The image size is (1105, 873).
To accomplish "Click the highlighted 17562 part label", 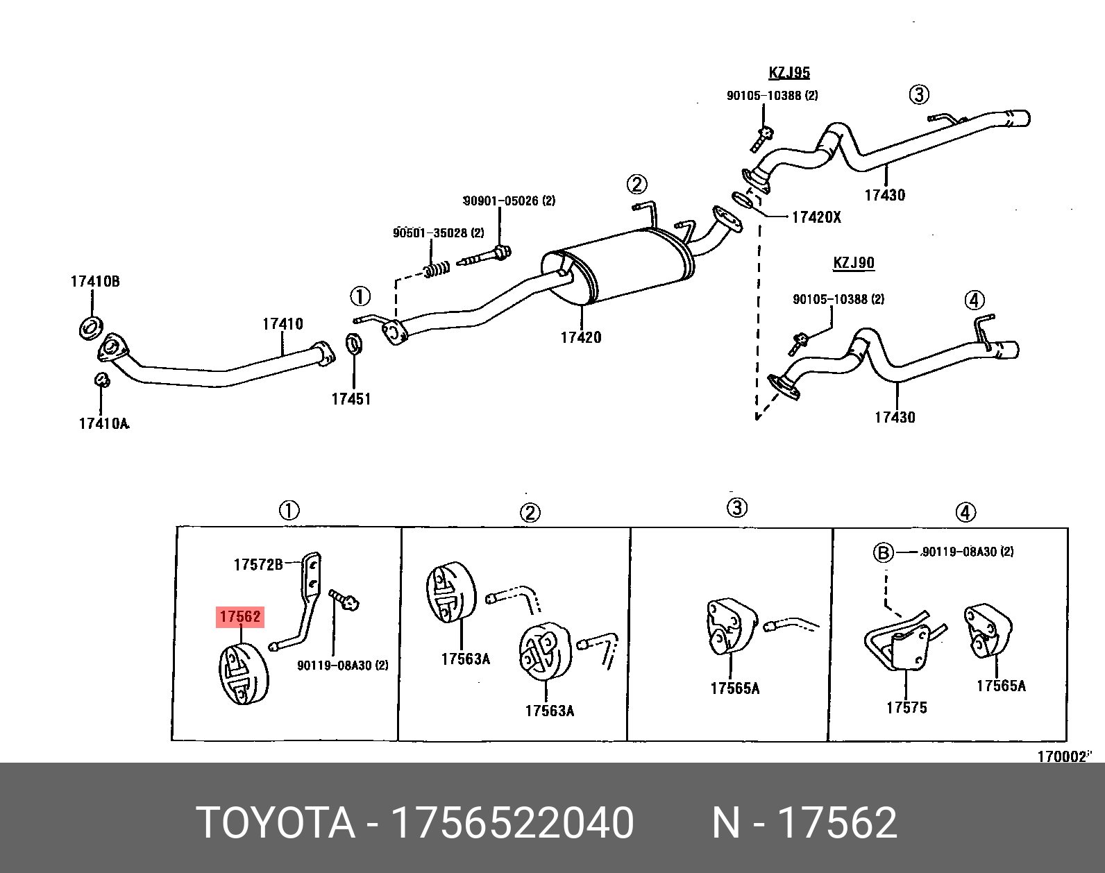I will pos(240,616).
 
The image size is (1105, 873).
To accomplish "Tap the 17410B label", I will pos(95,281).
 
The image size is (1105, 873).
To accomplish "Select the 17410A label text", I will pos(104,423).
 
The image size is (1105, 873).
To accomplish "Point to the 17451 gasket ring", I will pos(353,343).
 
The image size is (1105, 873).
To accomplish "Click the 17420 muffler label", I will pos(581,337).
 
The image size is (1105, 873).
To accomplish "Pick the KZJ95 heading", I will pos(789,72).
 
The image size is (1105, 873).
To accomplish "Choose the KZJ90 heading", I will pos(854,263).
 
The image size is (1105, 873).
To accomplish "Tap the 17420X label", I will pos(816,217).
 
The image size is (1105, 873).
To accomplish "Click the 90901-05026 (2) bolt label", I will pos(509,201).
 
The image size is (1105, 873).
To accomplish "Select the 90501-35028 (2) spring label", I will pos(439,232).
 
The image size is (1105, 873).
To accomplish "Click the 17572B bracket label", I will pos(258,564).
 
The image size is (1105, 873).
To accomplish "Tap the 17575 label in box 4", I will pos(906,707).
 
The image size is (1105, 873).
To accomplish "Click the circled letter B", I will pos(883,553).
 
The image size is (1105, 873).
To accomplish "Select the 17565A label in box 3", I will pos(735,688).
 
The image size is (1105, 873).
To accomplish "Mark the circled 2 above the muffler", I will pos(636,184).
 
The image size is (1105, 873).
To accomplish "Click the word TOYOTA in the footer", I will pos(276,822).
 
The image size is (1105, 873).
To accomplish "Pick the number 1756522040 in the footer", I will pos(512,822).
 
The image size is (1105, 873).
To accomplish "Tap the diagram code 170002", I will pos(1062,756).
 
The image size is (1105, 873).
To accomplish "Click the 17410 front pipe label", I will pos(282,323).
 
